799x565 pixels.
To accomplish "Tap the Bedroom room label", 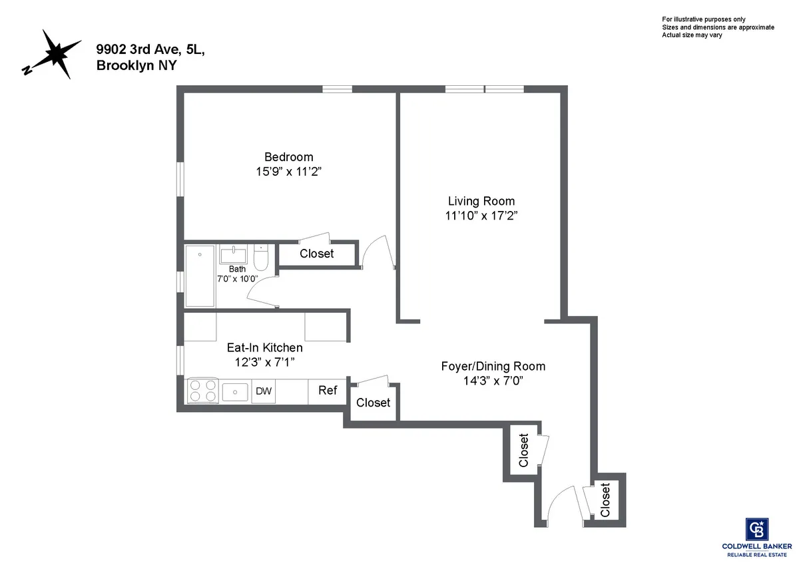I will coord(288,157).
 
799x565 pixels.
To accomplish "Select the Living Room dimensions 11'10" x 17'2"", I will coord(481,216).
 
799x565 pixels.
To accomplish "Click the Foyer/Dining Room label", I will coord(493,366).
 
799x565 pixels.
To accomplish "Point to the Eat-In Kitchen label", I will coord(264,347).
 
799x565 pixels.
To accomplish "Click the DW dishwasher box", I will coord(264,391).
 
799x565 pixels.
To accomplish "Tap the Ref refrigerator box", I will coord(327,391).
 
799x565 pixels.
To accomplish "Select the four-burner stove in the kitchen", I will coord(202,391).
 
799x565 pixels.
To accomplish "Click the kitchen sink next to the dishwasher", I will coord(235,391).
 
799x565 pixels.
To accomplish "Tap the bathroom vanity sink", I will coord(234,255).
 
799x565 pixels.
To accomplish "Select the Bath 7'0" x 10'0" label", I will coord(237,274).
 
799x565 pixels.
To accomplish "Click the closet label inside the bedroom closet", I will coord(316,254).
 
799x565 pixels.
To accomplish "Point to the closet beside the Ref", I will coord(373,403).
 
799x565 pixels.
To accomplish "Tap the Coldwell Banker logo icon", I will coord(758,529).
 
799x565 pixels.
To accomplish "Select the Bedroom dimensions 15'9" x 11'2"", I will coord(288,172).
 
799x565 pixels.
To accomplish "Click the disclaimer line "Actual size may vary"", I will coord(692,35).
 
